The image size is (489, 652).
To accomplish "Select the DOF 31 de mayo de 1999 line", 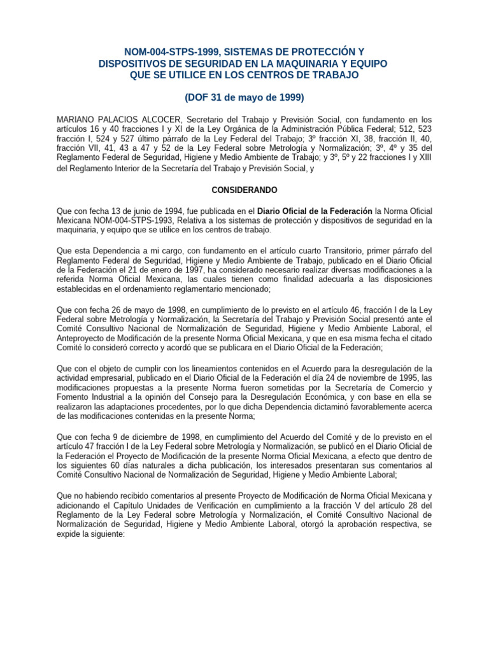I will coord(244,97).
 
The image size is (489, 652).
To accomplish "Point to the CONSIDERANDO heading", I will coord(244,190).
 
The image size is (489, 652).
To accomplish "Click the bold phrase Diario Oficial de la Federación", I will coord(315,211).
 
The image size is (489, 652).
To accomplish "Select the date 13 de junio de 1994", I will coord(145,211).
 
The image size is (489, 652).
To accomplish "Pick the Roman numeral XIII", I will coord(423,157).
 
